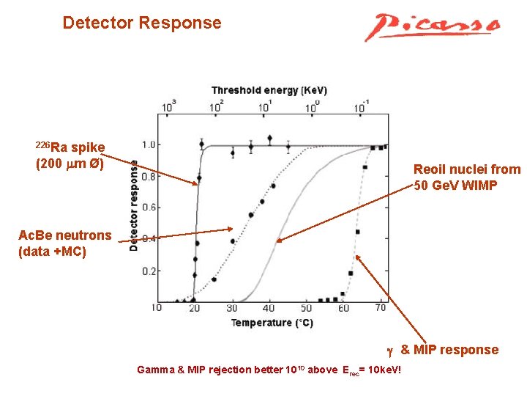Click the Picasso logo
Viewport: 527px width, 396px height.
[x=433, y=27]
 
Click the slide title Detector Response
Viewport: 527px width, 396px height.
[x=142, y=23]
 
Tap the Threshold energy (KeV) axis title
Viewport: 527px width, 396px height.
[x=269, y=90]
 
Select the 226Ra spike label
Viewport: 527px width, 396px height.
[x=70, y=155]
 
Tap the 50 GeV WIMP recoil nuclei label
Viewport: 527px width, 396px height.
[x=467, y=177]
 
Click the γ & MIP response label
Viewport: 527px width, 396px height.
[x=443, y=350]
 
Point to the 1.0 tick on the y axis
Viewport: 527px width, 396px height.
[x=149, y=144]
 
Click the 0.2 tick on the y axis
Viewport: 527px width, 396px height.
[x=149, y=271]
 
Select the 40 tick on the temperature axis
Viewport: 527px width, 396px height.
[x=269, y=308]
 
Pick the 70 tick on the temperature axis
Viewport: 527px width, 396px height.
[x=380, y=308]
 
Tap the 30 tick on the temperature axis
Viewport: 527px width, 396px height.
[x=231, y=308]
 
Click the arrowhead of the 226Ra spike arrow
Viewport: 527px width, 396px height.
[x=196, y=182]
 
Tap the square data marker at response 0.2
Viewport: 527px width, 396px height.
[x=351, y=273]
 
